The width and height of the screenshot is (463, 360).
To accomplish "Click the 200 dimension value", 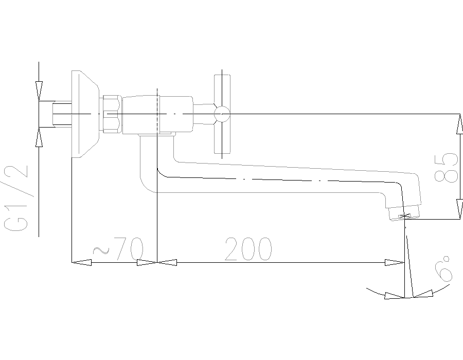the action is (x=248, y=249).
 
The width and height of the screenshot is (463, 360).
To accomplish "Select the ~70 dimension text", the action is (x=118, y=249).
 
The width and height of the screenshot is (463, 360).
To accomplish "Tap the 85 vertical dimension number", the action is (x=446, y=167).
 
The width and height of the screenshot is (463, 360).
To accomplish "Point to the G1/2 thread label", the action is (x=16, y=198).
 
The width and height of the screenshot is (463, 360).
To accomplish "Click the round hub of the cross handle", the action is (x=222, y=114).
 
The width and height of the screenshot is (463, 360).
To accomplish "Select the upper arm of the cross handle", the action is (x=222, y=91).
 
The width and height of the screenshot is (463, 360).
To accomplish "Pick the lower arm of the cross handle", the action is (x=222, y=137).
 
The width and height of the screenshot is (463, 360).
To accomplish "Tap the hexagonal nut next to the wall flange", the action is (x=112, y=114).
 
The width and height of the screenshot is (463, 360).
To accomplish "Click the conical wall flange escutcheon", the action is (x=85, y=114).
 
